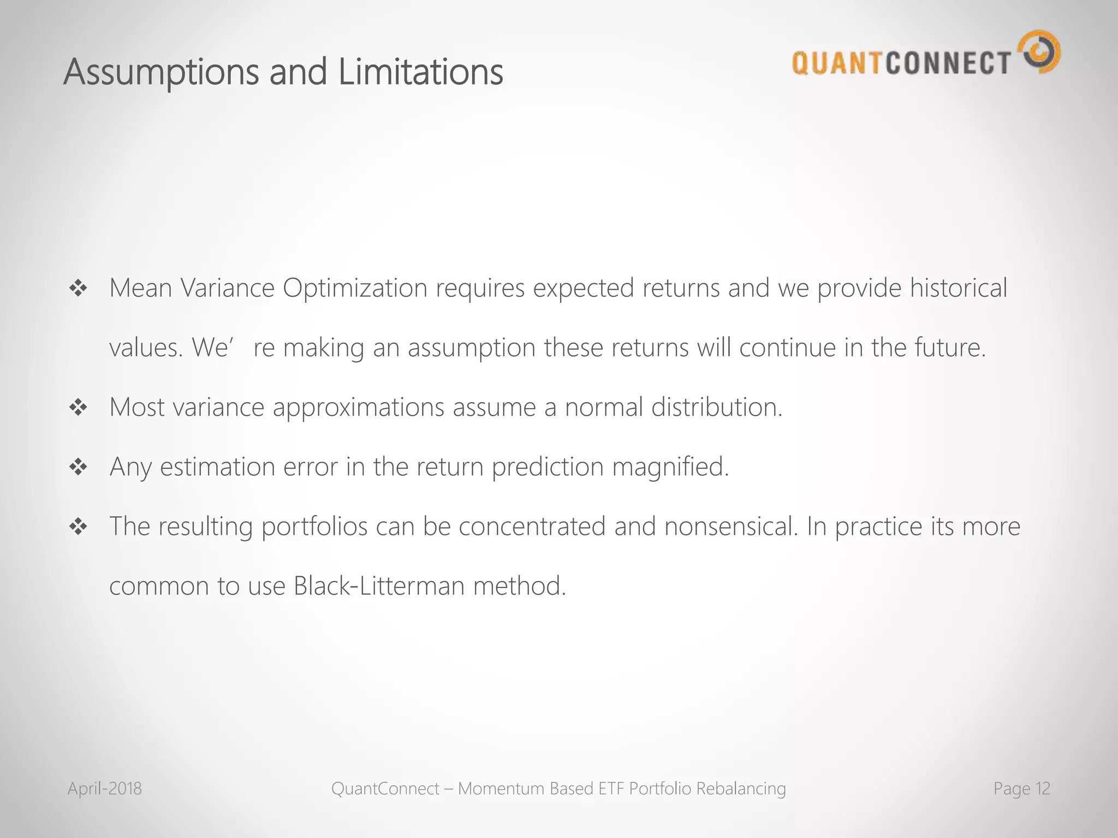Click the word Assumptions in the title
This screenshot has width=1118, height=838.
pyautogui.click(x=162, y=73)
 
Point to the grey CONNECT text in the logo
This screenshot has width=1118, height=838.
pyautogui.click(x=948, y=63)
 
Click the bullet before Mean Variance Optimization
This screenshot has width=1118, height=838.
pyautogui.click(x=79, y=288)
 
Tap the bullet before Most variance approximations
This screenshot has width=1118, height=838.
pyautogui.click(x=79, y=407)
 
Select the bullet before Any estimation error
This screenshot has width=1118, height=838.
pyautogui.click(x=79, y=467)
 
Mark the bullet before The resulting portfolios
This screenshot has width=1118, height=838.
pyautogui.click(x=79, y=526)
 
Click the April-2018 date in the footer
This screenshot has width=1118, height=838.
pyautogui.click(x=105, y=788)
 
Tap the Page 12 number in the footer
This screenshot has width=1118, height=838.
pyautogui.click(x=1021, y=788)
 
